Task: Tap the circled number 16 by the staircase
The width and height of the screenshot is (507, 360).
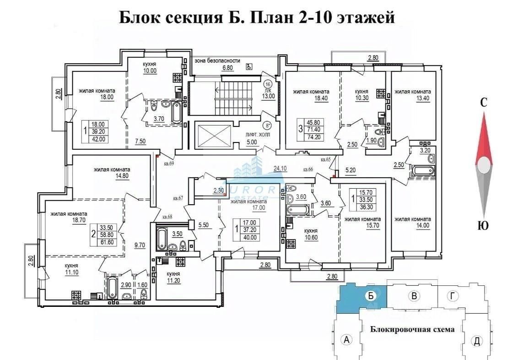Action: pos(268,84)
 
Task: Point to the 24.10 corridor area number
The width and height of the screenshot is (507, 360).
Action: pos(280,168)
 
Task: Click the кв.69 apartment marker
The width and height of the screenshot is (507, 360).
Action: pos(169,163)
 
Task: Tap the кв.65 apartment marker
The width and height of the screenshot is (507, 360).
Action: pos(326,159)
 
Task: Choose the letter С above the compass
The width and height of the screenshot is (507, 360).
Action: pos(483,103)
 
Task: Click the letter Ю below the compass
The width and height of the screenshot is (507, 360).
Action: pos(482,225)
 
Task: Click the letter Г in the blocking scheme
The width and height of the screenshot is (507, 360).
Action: pos(453,296)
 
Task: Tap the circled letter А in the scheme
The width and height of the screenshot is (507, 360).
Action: pos(347,340)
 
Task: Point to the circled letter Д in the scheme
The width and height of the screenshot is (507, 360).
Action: pos(477,341)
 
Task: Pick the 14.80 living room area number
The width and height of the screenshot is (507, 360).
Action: pos(112,175)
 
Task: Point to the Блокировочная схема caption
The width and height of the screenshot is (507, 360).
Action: pos(412,329)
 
